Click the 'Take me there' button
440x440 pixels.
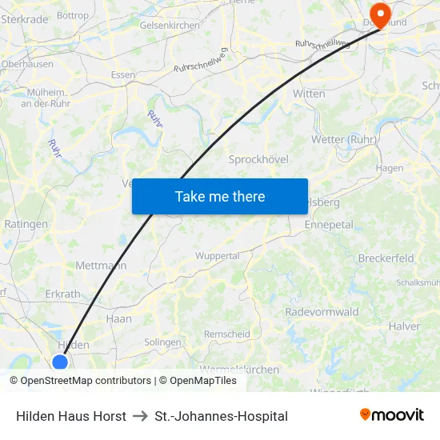click(x=220, y=196)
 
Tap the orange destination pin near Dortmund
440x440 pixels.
click(x=379, y=13)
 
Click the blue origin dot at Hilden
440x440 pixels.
click(x=60, y=362)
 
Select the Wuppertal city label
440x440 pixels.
click(x=218, y=256)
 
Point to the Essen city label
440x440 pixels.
click(x=123, y=75)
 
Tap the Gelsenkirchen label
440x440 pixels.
click(x=170, y=26)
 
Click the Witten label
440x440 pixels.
click(x=310, y=94)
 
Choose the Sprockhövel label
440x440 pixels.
click(x=258, y=159)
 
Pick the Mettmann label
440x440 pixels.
click(x=101, y=265)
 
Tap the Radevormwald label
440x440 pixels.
click(x=322, y=312)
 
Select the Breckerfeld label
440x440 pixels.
click(x=386, y=258)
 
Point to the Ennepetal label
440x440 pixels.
click(x=329, y=226)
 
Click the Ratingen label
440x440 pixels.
click(x=26, y=224)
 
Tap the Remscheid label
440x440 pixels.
click(x=227, y=334)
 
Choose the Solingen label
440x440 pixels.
click(x=162, y=342)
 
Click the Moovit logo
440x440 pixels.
click(x=392, y=415)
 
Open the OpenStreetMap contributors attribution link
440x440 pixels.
click(x=86, y=381)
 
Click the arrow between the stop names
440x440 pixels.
click(x=140, y=416)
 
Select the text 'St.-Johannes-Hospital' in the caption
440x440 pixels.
click(x=222, y=416)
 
